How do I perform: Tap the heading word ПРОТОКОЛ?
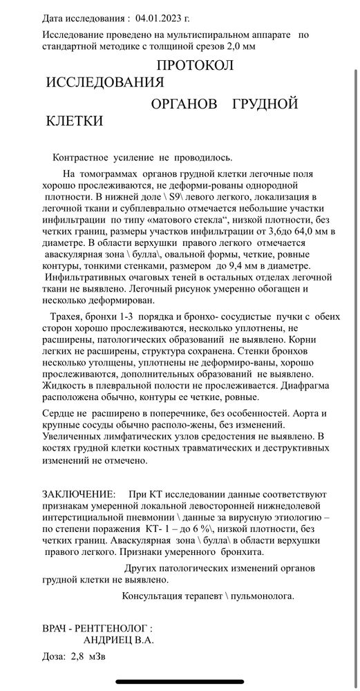tap(196, 66)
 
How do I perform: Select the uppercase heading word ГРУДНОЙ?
tap(265, 104)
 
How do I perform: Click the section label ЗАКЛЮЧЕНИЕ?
tap(79, 495)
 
